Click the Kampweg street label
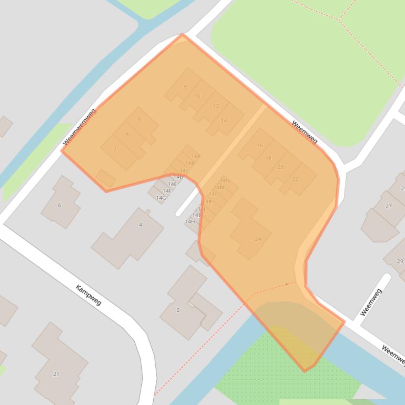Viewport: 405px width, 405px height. click(88, 295)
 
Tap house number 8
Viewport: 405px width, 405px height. click(185, 87)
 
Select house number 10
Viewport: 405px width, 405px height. click(197, 96)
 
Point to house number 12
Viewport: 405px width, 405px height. click(215, 106)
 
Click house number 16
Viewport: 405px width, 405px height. click(260, 146)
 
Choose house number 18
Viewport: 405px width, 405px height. click(269, 158)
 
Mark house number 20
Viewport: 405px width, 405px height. click(280, 167)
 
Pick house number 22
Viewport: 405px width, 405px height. click(295, 179)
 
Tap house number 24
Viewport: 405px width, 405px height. click(258, 239)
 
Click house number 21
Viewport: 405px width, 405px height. click(56, 374)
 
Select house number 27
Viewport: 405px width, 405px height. click(389, 206)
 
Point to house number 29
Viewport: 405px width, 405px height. click(400, 261)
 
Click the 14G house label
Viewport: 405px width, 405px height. click(161, 198)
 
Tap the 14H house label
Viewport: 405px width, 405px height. click(190, 221)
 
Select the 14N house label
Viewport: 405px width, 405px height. click(224, 180)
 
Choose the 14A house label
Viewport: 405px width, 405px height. click(196, 156)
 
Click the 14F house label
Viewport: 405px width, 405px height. click(166, 191)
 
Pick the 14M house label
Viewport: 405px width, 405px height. click(219, 187)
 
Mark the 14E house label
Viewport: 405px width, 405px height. click(172, 184)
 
